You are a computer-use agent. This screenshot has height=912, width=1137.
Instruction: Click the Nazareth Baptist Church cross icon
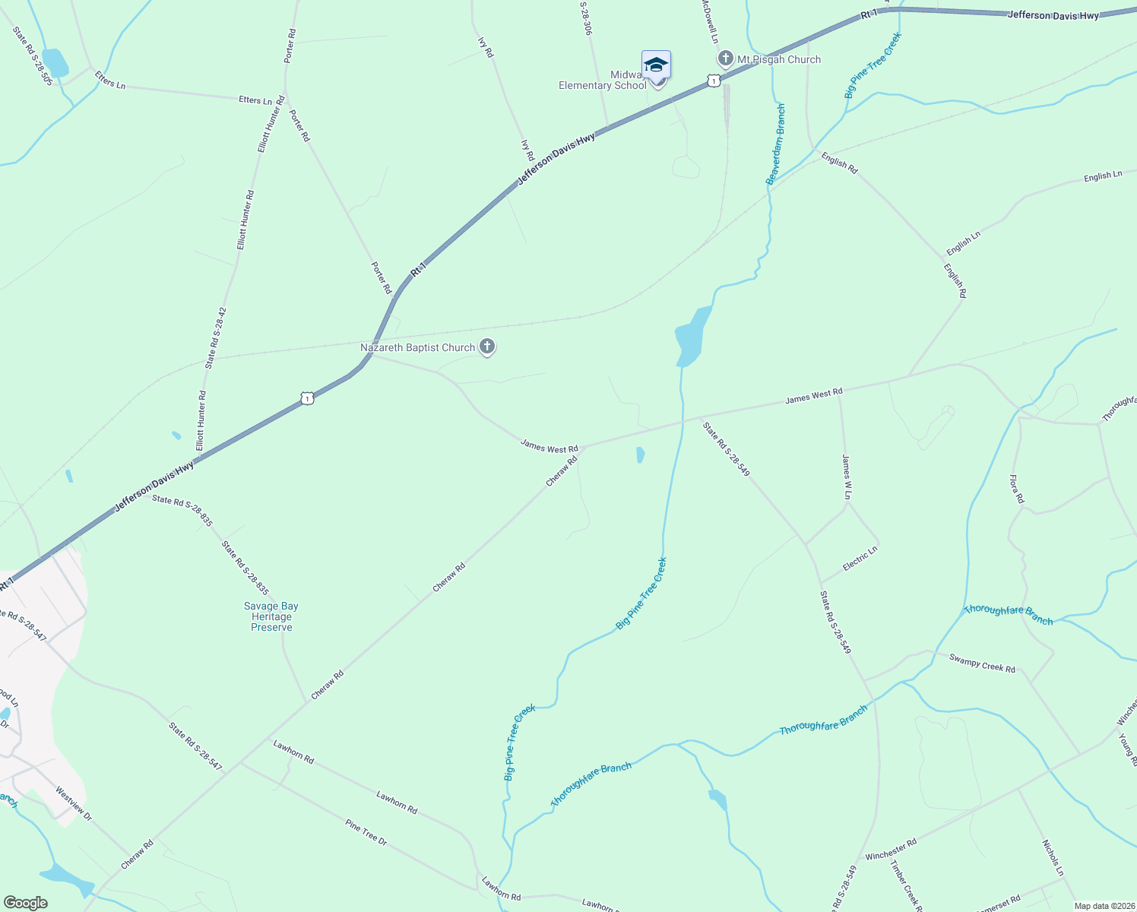coord(487,347)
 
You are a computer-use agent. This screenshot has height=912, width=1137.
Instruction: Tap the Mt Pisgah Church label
coord(779,59)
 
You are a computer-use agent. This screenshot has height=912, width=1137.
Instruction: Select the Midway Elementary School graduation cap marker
coord(656,65)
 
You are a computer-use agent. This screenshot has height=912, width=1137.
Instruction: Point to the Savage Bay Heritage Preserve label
coord(271,616)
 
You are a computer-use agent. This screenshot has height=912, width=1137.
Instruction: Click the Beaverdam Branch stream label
coord(775,144)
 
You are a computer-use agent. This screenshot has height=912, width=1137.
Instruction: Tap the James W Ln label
coord(847,477)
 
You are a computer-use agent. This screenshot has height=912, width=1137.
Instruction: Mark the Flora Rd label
coord(1017,489)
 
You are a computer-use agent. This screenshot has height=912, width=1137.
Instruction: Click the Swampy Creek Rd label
coord(982,663)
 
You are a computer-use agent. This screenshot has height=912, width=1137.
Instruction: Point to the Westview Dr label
coord(73,804)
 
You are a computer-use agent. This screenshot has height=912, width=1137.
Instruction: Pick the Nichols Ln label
coord(1053,857)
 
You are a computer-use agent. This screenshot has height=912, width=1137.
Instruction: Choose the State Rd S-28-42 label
coord(216,337)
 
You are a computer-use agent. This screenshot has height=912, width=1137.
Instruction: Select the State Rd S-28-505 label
coord(33,56)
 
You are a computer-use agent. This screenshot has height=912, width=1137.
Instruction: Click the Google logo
coord(25,903)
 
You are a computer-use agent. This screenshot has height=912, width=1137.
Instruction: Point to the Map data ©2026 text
coord(1103,906)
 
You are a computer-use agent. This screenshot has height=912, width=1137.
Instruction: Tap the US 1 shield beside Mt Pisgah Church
coord(713,81)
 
